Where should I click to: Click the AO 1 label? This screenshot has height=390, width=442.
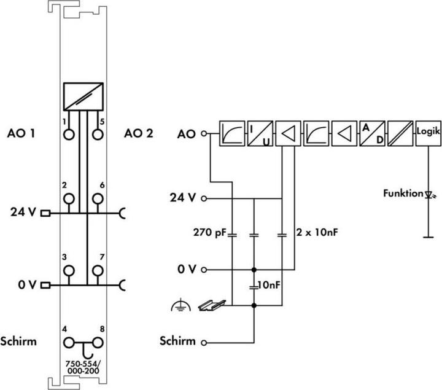[21, 133]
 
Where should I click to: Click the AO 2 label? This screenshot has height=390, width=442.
[138, 133]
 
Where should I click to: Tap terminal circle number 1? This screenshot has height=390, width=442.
[69, 134]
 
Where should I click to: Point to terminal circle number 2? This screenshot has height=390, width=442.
[69, 198]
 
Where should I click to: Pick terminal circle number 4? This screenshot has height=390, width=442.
[69, 342]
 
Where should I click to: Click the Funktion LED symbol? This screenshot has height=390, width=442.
[428, 194]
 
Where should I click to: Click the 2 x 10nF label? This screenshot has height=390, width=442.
[317, 233]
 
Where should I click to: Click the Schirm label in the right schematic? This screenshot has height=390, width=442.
[179, 341]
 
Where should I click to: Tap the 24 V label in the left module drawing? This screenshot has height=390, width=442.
[24, 213]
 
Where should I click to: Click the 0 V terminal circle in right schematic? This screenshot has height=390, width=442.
[204, 270]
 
